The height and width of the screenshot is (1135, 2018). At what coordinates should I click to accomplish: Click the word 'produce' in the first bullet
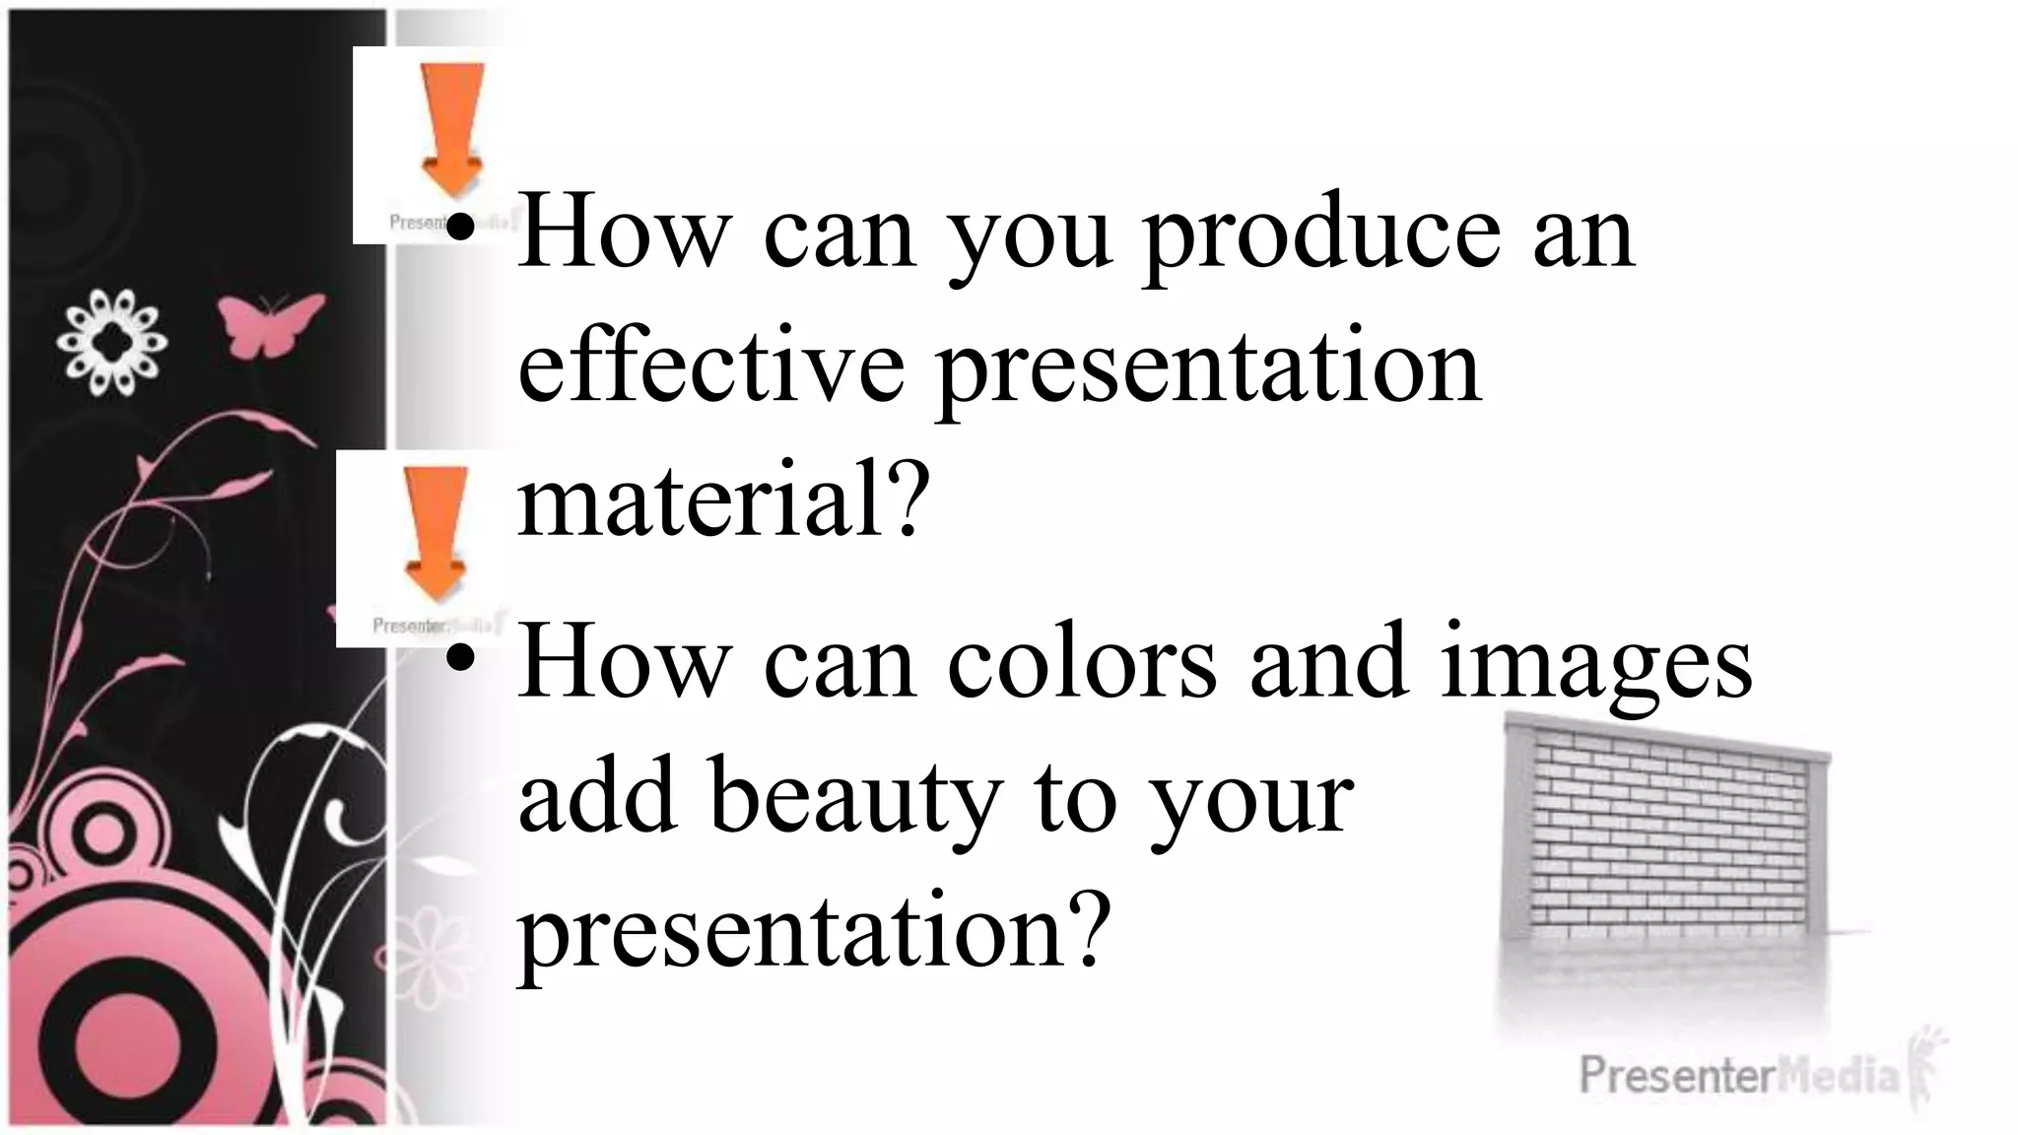(x=1320, y=236)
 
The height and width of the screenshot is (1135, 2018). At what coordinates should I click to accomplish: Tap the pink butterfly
(x=268, y=323)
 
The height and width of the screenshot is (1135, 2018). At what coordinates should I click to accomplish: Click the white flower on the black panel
(x=111, y=342)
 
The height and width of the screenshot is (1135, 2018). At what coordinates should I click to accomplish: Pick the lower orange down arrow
(x=436, y=532)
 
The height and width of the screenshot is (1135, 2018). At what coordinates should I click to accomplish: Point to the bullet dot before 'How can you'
(x=459, y=223)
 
